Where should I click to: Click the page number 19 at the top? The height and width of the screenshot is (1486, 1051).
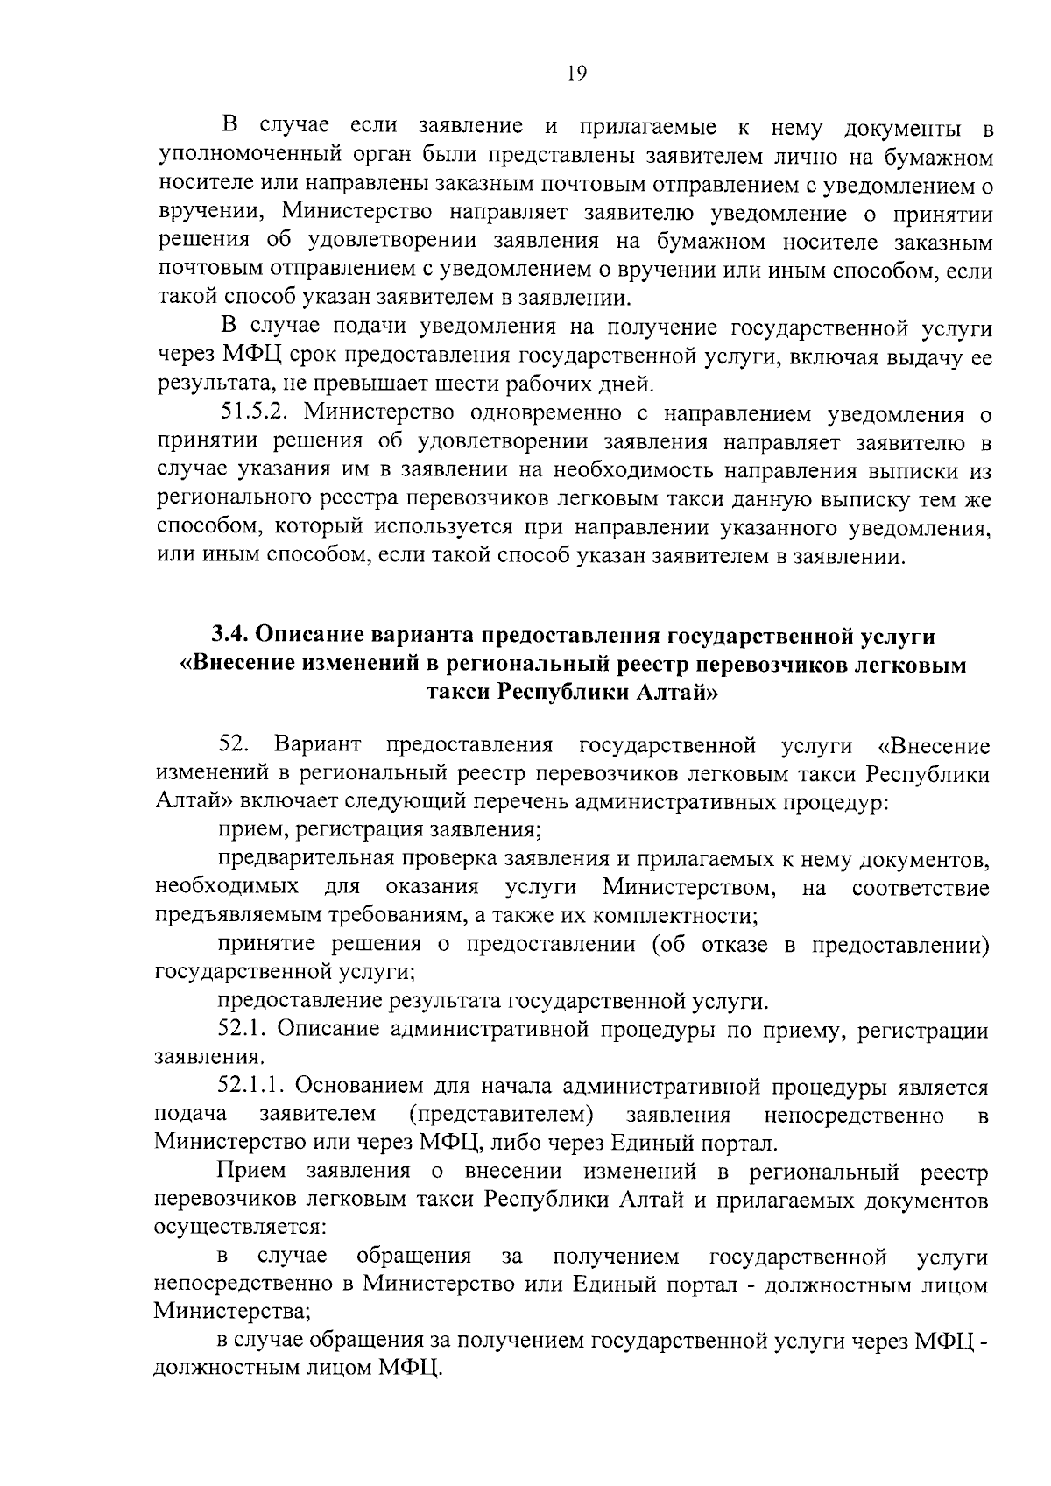[575, 74]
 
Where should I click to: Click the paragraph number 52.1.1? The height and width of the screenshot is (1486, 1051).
[252, 1087]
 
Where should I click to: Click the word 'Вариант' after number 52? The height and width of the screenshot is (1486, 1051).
[316, 745]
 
